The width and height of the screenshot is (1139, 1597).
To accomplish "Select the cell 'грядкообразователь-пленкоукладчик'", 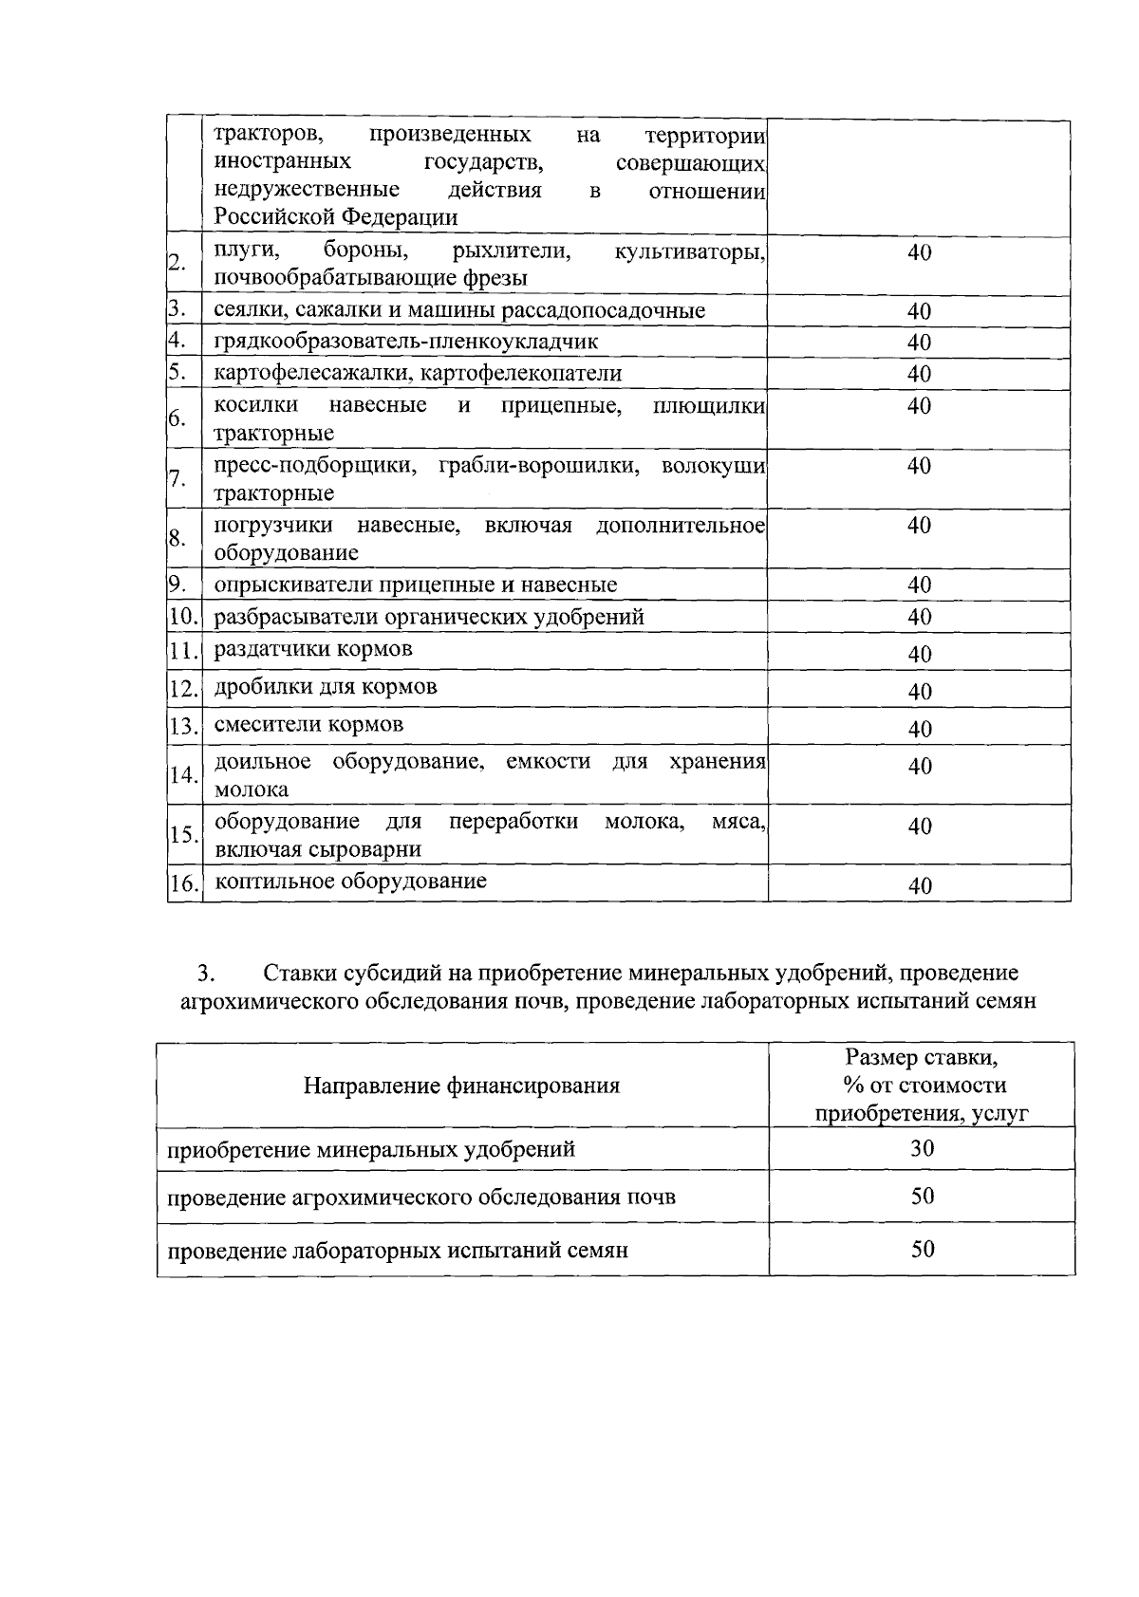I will [x=406, y=342].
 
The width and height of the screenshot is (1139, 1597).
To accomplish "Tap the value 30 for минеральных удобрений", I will [x=922, y=1148].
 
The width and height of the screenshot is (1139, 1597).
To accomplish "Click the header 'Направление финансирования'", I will [x=461, y=1086].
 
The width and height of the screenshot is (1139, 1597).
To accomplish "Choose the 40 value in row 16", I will [x=919, y=886].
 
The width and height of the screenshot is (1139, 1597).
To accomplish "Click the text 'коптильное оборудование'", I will [x=350, y=881].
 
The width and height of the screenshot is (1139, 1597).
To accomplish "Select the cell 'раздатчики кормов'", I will [x=313, y=650].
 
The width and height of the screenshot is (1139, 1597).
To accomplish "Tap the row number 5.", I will [x=177, y=373].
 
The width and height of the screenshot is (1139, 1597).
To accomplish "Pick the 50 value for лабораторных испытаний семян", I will [x=922, y=1249].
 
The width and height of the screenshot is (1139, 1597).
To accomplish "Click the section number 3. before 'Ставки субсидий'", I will [x=206, y=974].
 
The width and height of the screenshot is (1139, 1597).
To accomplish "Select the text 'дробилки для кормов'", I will [x=326, y=687].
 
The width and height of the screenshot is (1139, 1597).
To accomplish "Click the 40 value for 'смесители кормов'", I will [x=919, y=729].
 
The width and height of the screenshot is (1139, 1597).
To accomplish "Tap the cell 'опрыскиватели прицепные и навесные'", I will [x=415, y=585].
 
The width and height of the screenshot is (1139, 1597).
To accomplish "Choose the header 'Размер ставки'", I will [x=922, y=1057].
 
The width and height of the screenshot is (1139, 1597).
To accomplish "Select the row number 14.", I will [x=182, y=775].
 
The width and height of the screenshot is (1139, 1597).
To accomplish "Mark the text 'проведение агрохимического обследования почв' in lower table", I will [x=421, y=1197].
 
